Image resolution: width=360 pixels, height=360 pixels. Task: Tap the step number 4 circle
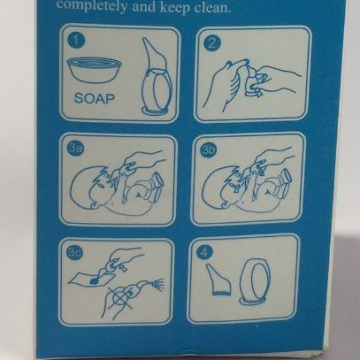(205, 252)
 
